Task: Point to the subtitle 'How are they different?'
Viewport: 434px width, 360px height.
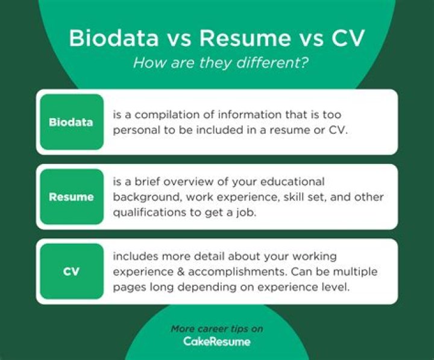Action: [x=221, y=63]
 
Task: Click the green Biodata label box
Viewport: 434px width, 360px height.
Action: [x=72, y=122]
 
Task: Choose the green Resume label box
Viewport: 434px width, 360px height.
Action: [x=72, y=197]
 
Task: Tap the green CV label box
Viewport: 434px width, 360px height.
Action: [x=72, y=271]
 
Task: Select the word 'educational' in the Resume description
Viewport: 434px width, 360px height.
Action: [x=292, y=182]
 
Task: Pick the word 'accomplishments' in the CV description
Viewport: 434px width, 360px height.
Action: [x=237, y=272]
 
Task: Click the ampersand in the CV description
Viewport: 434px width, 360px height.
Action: [x=181, y=272]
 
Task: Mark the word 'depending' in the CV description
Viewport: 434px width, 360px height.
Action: [x=207, y=287]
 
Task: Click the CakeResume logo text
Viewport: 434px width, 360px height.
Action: [x=217, y=341]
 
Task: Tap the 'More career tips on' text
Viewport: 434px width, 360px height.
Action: [x=217, y=329]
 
